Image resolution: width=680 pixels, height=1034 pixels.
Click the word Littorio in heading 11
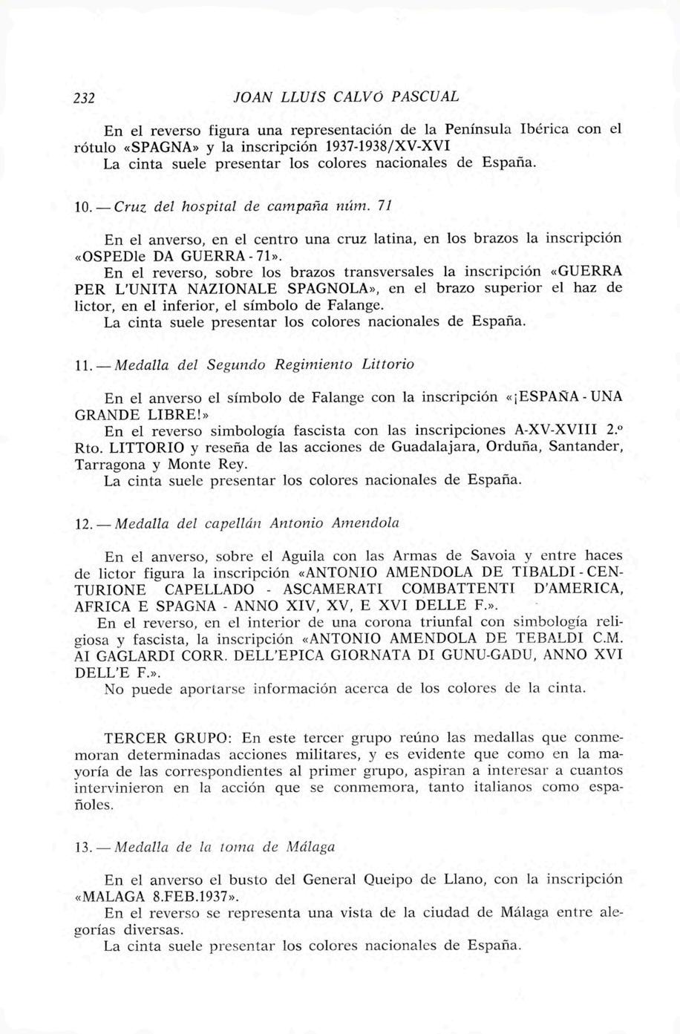click(x=387, y=364)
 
